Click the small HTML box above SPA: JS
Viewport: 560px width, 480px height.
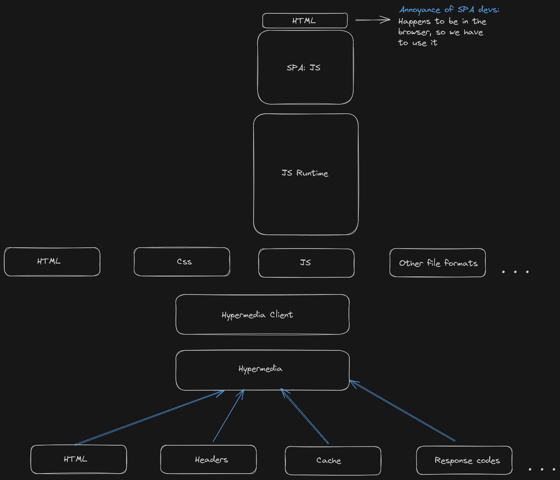click(x=305, y=21)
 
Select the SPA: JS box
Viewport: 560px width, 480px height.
click(x=305, y=67)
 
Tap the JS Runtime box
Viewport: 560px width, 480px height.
click(x=306, y=174)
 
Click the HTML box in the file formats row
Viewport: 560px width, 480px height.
click(x=52, y=261)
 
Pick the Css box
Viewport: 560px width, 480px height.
click(x=182, y=262)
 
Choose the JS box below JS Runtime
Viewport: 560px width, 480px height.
click(x=306, y=263)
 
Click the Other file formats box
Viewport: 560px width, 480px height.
click(x=437, y=263)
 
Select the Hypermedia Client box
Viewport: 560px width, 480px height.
click(x=262, y=315)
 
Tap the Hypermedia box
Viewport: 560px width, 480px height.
click(x=262, y=370)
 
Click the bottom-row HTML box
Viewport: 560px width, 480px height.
click(x=79, y=459)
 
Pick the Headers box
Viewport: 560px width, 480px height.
click(x=208, y=459)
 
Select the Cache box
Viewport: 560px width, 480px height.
click(x=333, y=460)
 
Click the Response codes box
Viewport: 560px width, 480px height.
click(x=464, y=460)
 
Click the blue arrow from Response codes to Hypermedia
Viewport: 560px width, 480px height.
click(x=403, y=411)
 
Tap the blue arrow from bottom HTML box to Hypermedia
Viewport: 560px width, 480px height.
click(x=149, y=418)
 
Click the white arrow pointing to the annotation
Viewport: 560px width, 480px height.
click(x=372, y=20)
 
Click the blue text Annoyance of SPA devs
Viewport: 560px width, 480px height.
click(x=449, y=9)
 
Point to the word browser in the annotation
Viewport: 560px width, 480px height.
click(x=414, y=32)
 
